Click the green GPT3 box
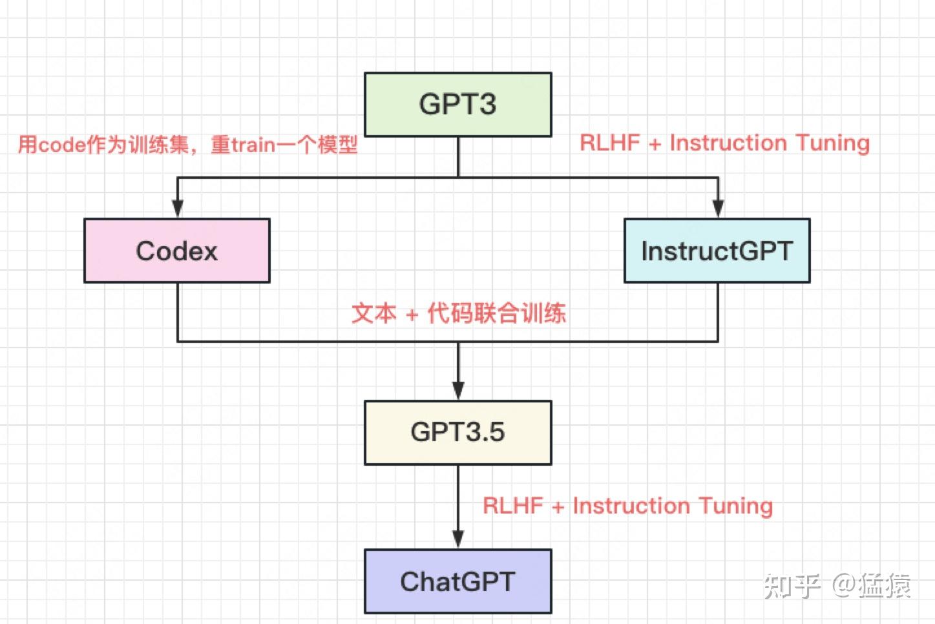coord(457,105)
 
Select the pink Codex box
coord(176,251)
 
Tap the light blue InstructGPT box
coord(717,251)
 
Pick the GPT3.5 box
coord(457,432)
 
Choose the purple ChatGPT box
coord(457,581)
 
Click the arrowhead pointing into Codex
coord(178,209)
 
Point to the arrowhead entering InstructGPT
coord(717,209)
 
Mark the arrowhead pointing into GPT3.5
coord(458,390)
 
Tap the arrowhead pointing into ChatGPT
coord(458,539)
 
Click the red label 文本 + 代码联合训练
coord(458,313)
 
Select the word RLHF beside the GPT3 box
coord(609,143)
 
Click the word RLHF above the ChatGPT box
coord(512,505)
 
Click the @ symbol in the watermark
coord(843,585)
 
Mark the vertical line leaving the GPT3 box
coord(458,156)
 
